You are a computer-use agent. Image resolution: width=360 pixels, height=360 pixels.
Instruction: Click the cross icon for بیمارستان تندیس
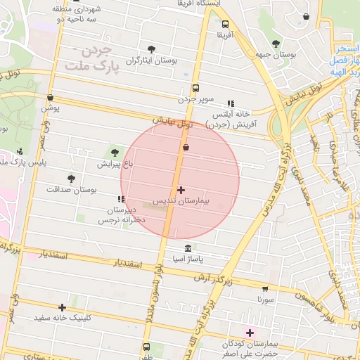181,190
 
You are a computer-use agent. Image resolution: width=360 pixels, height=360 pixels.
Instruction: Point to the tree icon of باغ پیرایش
113,153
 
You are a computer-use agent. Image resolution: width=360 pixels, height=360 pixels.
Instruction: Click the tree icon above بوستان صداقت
70,179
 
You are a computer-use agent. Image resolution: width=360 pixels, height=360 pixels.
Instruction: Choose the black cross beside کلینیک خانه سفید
63,307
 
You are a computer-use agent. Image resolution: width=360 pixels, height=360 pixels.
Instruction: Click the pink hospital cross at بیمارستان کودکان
250,332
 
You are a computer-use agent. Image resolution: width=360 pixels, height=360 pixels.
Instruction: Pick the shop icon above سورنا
264,288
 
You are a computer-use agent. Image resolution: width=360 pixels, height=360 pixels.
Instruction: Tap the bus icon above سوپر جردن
195,89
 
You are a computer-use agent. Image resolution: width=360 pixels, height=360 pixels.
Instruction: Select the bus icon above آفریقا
225,23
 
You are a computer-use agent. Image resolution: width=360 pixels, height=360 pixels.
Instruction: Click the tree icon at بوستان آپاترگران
151,49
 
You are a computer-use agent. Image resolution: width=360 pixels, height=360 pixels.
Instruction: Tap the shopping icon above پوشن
50,98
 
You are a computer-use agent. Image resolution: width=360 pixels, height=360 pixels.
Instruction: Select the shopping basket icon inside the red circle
186,148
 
